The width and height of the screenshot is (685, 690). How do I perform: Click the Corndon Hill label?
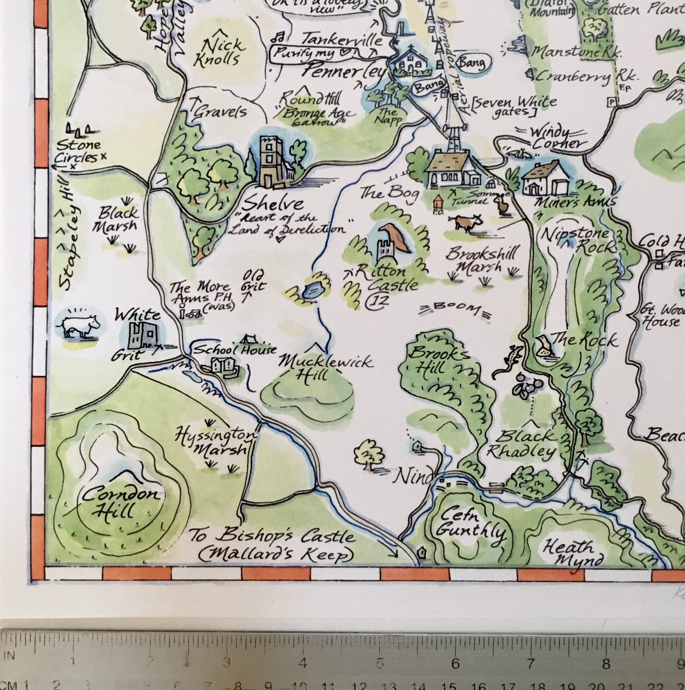[120, 503]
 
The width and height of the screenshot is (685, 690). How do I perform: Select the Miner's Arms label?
[574, 202]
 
